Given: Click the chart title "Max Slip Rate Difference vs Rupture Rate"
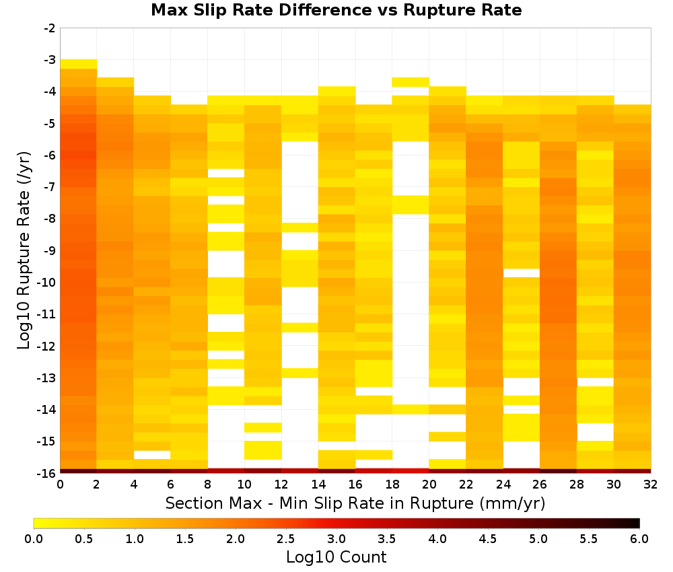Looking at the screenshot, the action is click(336, 10).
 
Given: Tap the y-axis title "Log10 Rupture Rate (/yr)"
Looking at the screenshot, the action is click(24, 250).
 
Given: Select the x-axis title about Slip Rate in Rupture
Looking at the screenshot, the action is click(355, 503).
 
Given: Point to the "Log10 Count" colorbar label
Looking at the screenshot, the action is click(336, 557).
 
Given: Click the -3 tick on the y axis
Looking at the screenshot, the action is click(50, 60).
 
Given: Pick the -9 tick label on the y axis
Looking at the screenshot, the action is click(50, 250).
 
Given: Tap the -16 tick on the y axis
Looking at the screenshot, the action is click(47, 473).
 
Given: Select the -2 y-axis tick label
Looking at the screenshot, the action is click(50, 28).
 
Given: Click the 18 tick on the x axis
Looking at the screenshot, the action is click(392, 485).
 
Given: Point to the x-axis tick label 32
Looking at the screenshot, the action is click(651, 485).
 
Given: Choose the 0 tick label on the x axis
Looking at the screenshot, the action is click(60, 485).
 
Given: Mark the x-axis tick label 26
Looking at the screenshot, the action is click(540, 485).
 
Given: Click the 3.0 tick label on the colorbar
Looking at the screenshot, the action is click(336, 539).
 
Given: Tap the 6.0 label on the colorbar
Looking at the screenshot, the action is click(639, 539).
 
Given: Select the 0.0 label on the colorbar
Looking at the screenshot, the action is click(34, 539).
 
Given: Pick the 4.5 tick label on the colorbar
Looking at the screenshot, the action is click(487, 539).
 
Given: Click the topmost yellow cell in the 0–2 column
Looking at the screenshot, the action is click(79, 64).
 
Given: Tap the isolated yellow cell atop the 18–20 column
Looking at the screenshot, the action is click(411, 82).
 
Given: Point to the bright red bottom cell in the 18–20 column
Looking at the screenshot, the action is click(411, 471).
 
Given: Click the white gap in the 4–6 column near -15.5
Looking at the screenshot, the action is click(152, 455).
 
